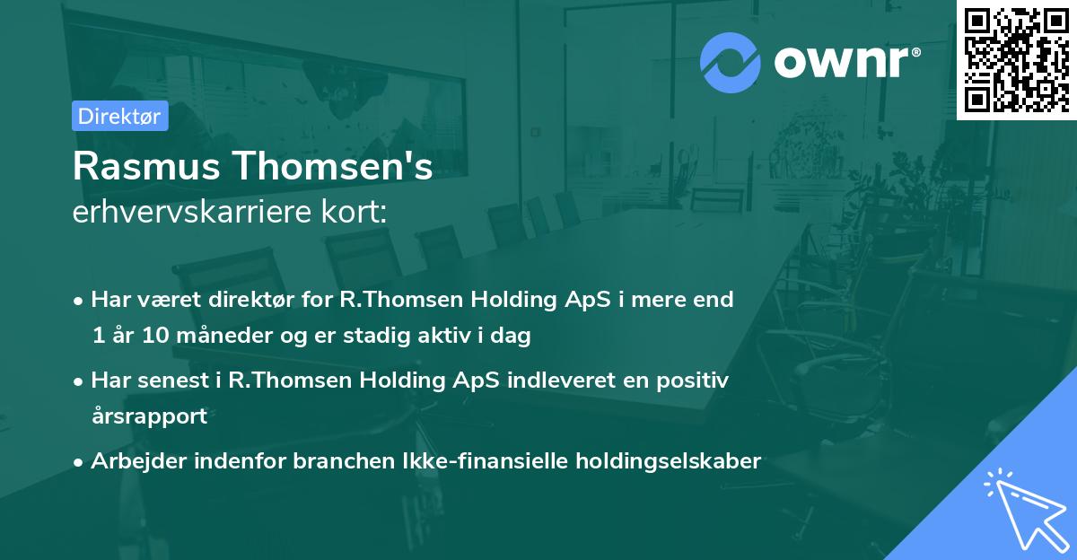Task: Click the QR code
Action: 1017,59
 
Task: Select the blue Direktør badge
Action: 119,116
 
